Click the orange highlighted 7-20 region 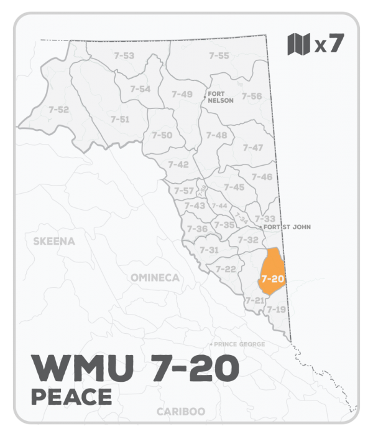[272, 274]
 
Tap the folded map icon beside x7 [298, 44]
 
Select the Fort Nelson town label [221, 97]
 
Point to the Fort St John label [287, 227]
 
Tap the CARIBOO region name [182, 412]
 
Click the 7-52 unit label [58, 110]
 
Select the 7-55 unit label [219, 56]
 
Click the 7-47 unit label [253, 148]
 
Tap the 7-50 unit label [162, 135]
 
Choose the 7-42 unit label [178, 164]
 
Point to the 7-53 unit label [124, 56]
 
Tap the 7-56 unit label [252, 96]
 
